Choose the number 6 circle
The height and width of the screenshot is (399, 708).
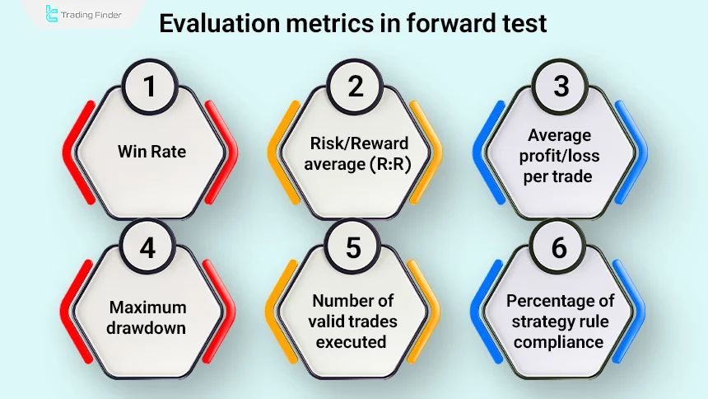click(560, 247)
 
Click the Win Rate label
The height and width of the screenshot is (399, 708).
click(151, 152)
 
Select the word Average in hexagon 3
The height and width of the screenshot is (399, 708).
click(558, 137)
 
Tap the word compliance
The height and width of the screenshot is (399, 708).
click(560, 341)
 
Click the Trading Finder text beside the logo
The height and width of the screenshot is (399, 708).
click(93, 14)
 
